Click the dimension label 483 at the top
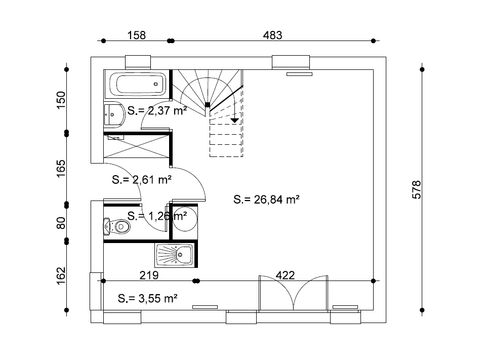[272, 35]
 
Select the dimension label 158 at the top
[136, 35]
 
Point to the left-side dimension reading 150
[61, 101]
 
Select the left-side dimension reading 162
[61, 272]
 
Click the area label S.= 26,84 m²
[267, 199]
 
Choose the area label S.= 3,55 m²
[147, 297]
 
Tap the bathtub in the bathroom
[139, 85]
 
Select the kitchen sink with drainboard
[177, 255]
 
